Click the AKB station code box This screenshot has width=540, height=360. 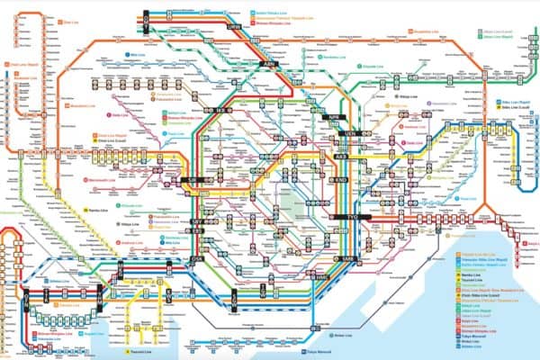point(341,157)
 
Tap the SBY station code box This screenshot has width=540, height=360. point(197,220)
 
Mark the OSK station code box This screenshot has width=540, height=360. point(198,259)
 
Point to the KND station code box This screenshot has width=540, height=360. point(340,180)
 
